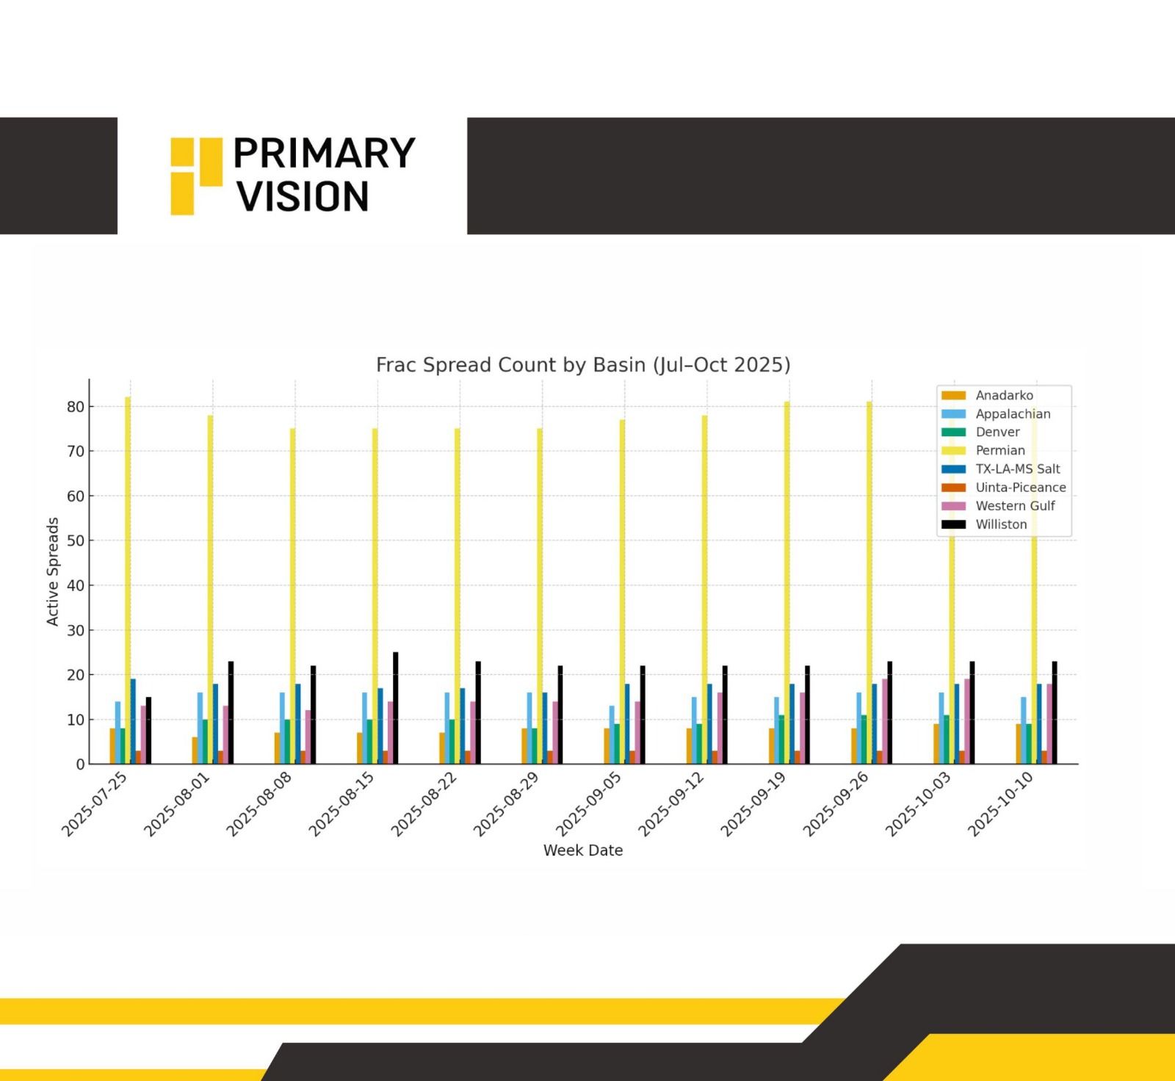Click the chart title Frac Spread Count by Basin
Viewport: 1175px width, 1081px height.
[582, 365]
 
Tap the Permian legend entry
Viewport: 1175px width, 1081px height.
[999, 450]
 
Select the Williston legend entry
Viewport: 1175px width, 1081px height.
[1001, 524]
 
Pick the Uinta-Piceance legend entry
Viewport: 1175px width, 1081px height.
[1020, 488]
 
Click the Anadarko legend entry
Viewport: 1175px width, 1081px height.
[1004, 395]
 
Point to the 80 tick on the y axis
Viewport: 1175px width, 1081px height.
[76, 407]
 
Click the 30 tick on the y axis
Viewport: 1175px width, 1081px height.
[76, 630]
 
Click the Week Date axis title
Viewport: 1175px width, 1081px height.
[582, 850]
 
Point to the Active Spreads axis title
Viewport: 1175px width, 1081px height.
[52, 571]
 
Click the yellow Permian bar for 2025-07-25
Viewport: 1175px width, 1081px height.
[128, 580]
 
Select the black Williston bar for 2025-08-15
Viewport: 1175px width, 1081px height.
[395, 708]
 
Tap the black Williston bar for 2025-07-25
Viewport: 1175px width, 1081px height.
[148, 731]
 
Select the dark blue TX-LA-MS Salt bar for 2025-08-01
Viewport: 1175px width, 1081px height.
[215, 723]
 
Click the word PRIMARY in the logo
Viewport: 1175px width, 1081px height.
[324, 153]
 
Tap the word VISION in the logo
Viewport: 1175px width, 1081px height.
[302, 197]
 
